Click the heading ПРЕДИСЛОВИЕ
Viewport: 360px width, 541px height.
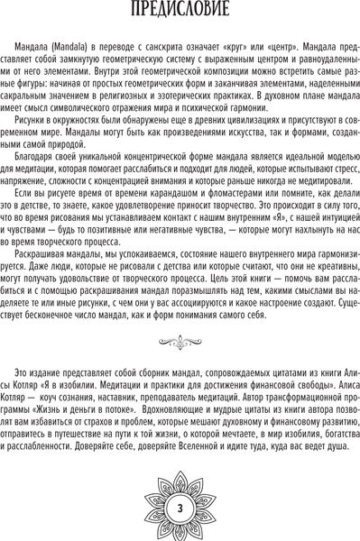point(180,13)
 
